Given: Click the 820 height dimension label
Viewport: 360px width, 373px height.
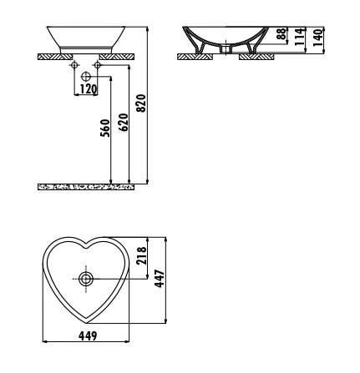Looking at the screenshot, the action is click(142, 103).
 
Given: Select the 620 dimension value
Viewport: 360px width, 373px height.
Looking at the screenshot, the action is click(124, 123).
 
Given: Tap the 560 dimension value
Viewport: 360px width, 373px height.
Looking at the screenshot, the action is click(105, 129).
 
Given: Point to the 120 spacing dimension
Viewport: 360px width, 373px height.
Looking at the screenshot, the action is click(89, 89).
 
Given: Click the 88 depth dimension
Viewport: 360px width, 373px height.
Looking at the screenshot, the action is click(281, 33).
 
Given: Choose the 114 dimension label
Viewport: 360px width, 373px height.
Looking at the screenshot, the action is click(299, 37).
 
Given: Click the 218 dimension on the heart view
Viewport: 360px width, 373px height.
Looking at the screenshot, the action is click(142, 256).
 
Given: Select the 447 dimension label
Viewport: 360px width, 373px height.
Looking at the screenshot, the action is click(160, 279).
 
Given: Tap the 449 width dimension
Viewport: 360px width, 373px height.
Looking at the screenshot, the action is click(88, 336).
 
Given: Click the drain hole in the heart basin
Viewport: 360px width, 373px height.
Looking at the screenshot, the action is click(86, 279).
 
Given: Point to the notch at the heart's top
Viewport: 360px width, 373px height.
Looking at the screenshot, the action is click(86, 247).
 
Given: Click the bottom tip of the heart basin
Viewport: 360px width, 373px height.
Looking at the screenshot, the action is click(86, 323).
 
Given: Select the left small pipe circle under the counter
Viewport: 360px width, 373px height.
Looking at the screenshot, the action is click(74, 65).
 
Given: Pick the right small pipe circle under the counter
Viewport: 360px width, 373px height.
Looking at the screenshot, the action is click(98, 65).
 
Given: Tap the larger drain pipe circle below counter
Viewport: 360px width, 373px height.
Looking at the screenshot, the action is click(86, 76).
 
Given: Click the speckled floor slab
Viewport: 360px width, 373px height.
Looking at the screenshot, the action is click(86, 187).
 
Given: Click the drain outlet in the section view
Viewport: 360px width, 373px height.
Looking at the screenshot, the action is click(226, 49).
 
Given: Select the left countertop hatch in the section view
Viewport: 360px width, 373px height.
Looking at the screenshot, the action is click(195, 57).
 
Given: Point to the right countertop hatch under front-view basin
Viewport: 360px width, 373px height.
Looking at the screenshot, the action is click(117, 57).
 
